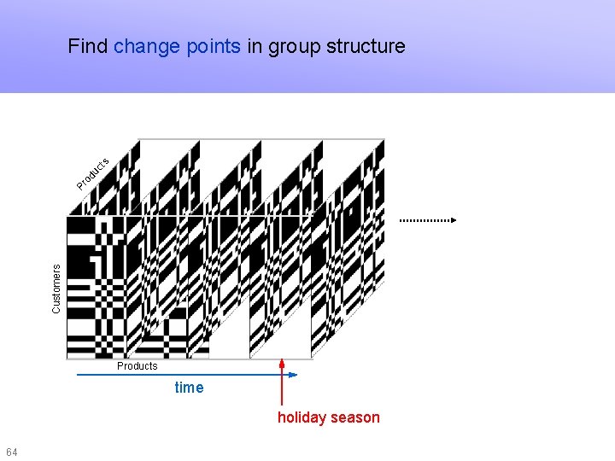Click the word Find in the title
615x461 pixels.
[x=88, y=46]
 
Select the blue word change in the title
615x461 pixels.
[x=147, y=46]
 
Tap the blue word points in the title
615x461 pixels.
[x=213, y=46]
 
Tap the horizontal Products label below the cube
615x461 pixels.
[x=138, y=366]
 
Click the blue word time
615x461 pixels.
[x=189, y=388]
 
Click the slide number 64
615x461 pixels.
[x=11, y=451]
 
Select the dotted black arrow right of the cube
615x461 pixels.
[x=427, y=220]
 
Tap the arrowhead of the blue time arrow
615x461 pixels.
[x=291, y=374]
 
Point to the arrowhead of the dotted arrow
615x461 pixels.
[x=454, y=220]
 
